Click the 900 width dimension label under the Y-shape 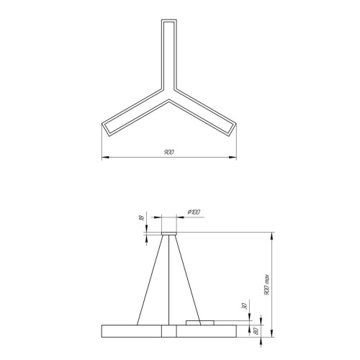point(168,153)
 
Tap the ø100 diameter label point(194,210)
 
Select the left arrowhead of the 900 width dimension point(102,156)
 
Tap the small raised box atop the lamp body point(200,322)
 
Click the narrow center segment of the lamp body point(168,330)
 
